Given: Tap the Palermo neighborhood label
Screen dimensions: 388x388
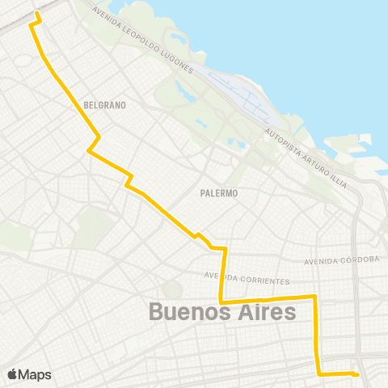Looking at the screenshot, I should point(218,193).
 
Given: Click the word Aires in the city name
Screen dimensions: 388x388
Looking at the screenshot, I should point(264,312).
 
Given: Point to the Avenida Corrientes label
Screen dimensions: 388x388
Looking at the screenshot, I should point(247,278).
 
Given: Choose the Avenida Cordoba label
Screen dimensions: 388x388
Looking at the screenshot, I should point(342,260).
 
